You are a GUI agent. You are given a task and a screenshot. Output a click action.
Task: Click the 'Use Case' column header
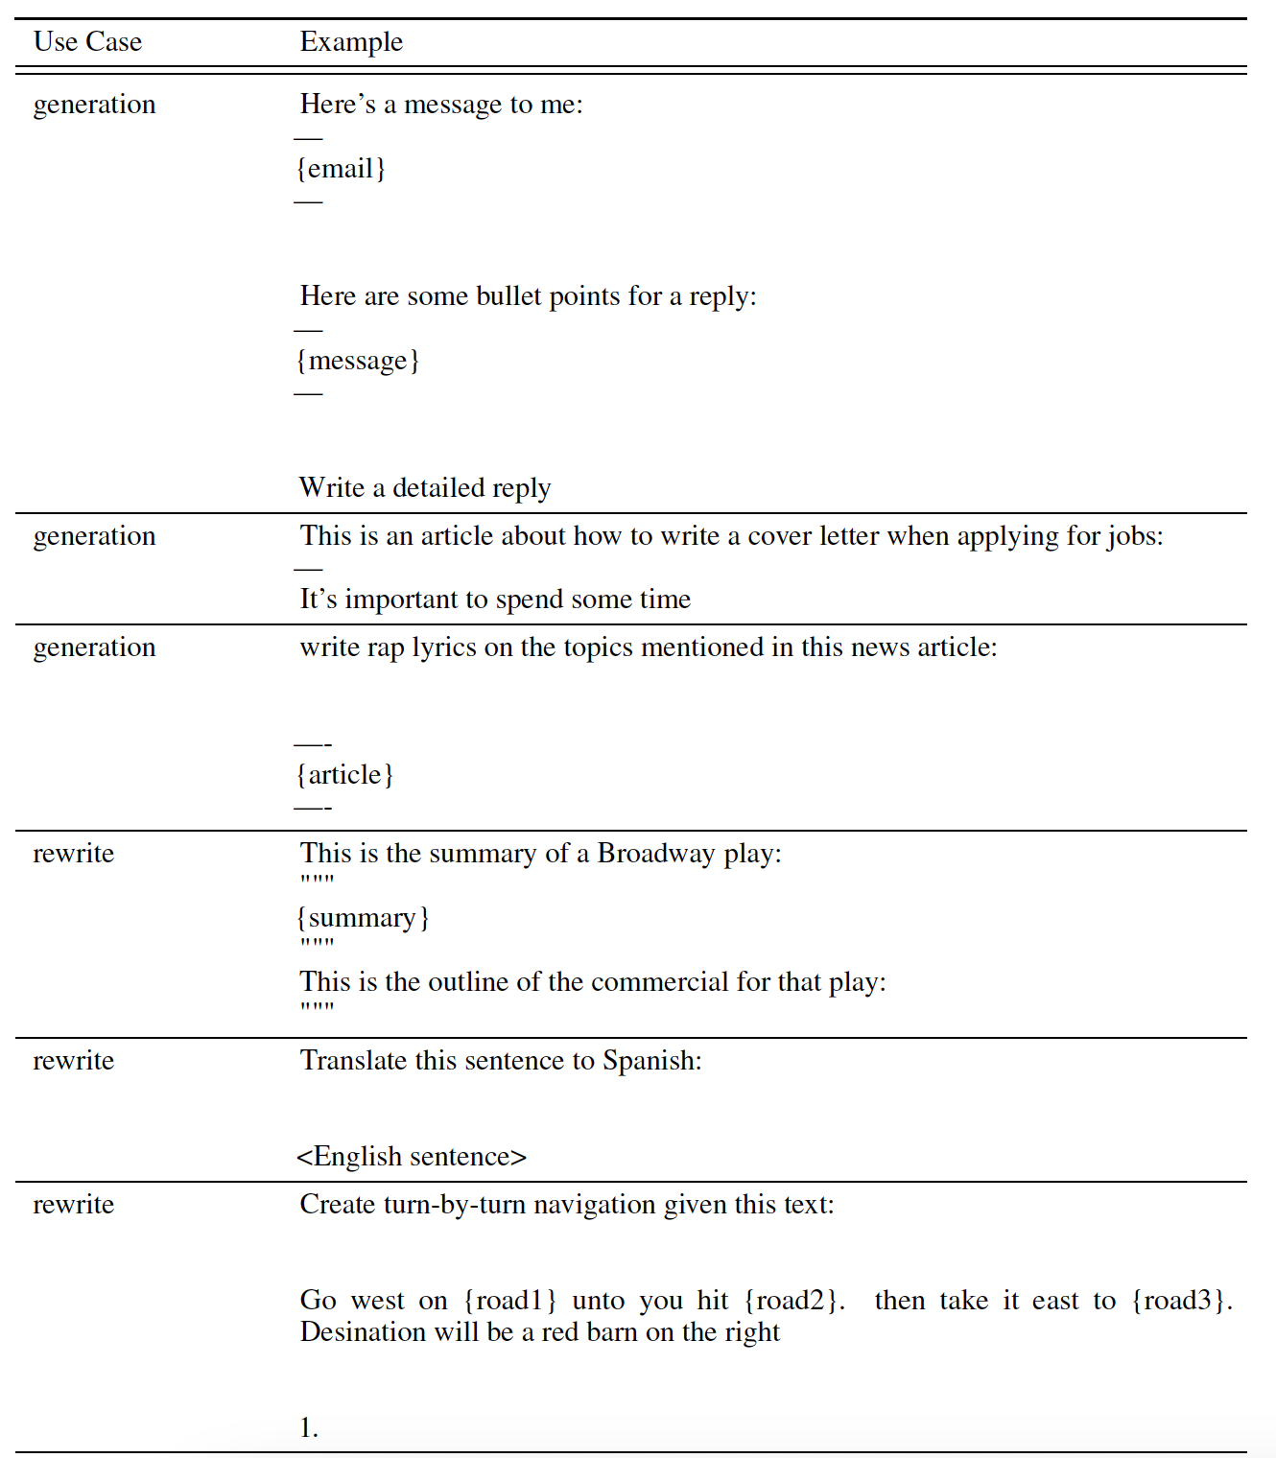(87, 42)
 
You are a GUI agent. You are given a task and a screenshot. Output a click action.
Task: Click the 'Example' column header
(351, 42)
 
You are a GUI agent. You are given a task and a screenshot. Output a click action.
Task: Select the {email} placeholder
(341, 169)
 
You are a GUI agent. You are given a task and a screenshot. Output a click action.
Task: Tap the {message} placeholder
(358, 361)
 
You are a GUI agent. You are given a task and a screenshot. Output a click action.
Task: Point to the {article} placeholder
(345, 775)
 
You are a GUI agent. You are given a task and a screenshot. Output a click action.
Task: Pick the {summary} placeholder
(363, 918)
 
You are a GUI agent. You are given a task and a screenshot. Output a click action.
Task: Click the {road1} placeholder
(509, 1301)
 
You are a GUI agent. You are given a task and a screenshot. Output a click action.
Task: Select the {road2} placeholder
(793, 1301)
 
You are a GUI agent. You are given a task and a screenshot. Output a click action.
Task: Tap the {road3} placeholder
(1181, 1301)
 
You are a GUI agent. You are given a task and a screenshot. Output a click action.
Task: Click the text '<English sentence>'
(412, 1157)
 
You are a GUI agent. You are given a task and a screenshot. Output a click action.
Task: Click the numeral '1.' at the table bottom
(309, 1428)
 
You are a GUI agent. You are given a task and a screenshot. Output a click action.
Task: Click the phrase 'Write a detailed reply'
(425, 488)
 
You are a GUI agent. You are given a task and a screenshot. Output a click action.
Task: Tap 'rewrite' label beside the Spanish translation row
(74, 1061)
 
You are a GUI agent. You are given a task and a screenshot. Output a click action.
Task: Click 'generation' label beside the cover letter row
(94, 536)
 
